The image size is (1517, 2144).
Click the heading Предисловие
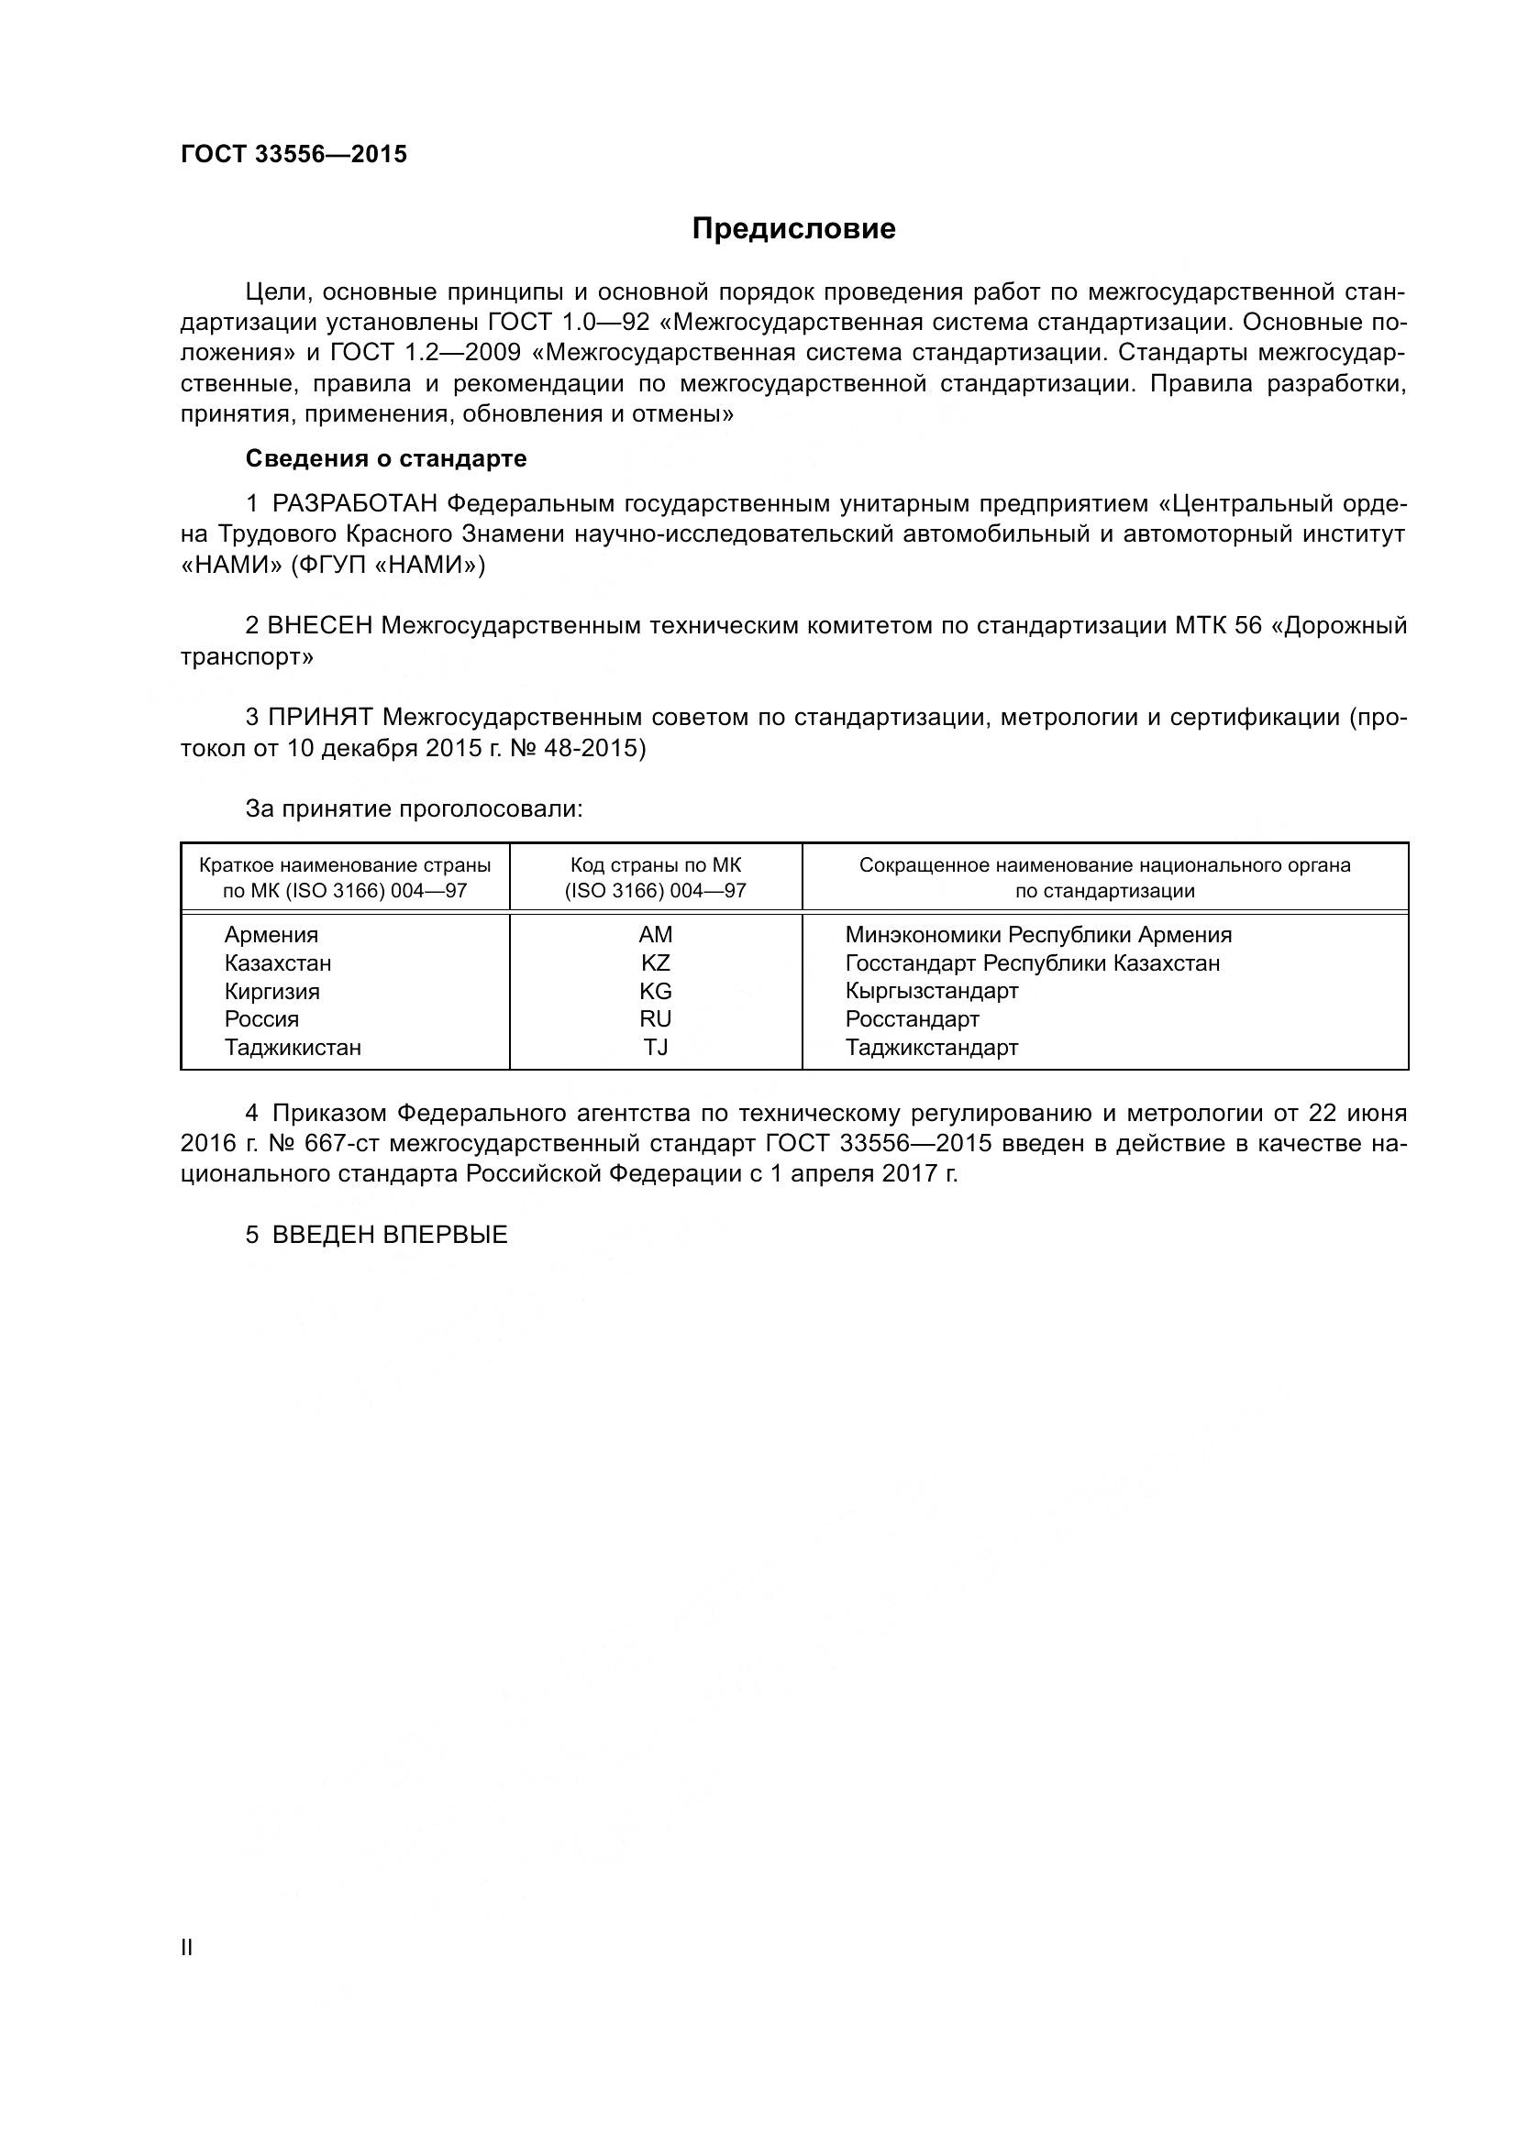point(793,229)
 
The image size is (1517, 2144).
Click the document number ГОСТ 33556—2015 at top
point(294,155)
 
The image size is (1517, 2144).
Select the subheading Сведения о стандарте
point(386,458)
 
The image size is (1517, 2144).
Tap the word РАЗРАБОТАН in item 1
point(355,504)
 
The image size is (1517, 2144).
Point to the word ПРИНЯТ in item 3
point(321,717)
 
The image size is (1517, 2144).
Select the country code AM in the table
point(656,935)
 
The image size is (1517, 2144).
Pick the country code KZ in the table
point(656,962)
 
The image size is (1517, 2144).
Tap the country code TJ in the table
point(656,1047)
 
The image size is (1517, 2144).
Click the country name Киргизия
point(271,991)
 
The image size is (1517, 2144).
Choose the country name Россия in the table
point(261,1018)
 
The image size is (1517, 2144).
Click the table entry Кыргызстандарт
point(931,991)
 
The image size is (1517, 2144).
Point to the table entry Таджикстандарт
point(931,1047)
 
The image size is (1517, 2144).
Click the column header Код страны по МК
point(656,865)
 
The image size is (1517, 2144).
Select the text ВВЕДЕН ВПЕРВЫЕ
point(390,1235)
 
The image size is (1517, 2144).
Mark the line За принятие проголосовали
point(414,808)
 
